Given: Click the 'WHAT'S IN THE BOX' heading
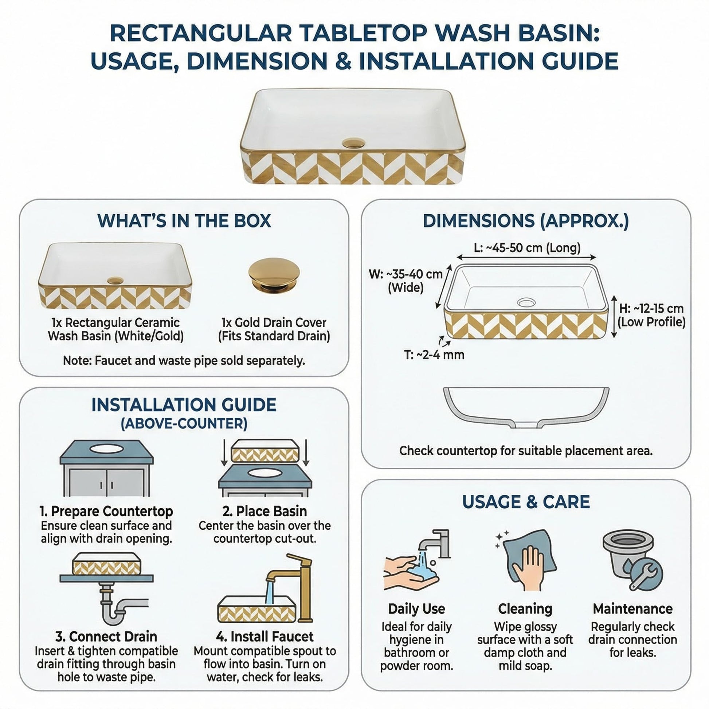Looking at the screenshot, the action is tap(184, 221).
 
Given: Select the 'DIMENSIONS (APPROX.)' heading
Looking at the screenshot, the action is tap(525, 221).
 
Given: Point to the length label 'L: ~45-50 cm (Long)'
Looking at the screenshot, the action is tap(527, 248).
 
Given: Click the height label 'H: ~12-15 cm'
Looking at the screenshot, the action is tap(651, 308).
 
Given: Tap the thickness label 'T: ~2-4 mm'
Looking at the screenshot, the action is tap(434, 355).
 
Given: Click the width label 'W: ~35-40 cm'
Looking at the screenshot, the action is tap(406, 274).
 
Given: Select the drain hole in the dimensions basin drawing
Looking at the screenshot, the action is tap(526, 302).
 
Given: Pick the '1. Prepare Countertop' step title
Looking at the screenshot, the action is tap(106, 511).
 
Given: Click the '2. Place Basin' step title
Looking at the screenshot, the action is tap(265, 511).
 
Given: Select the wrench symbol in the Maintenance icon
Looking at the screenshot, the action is tap(644, 575).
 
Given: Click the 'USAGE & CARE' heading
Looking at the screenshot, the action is tap(526, 502).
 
